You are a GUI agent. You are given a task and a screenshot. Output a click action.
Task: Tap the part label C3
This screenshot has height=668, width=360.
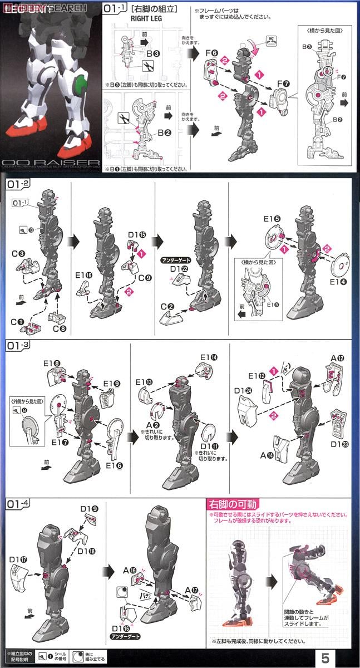click(22, 254)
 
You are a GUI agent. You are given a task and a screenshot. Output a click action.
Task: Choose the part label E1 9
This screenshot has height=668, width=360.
click(112, 384)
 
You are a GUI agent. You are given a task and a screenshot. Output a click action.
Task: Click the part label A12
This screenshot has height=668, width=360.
click(338, 358)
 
